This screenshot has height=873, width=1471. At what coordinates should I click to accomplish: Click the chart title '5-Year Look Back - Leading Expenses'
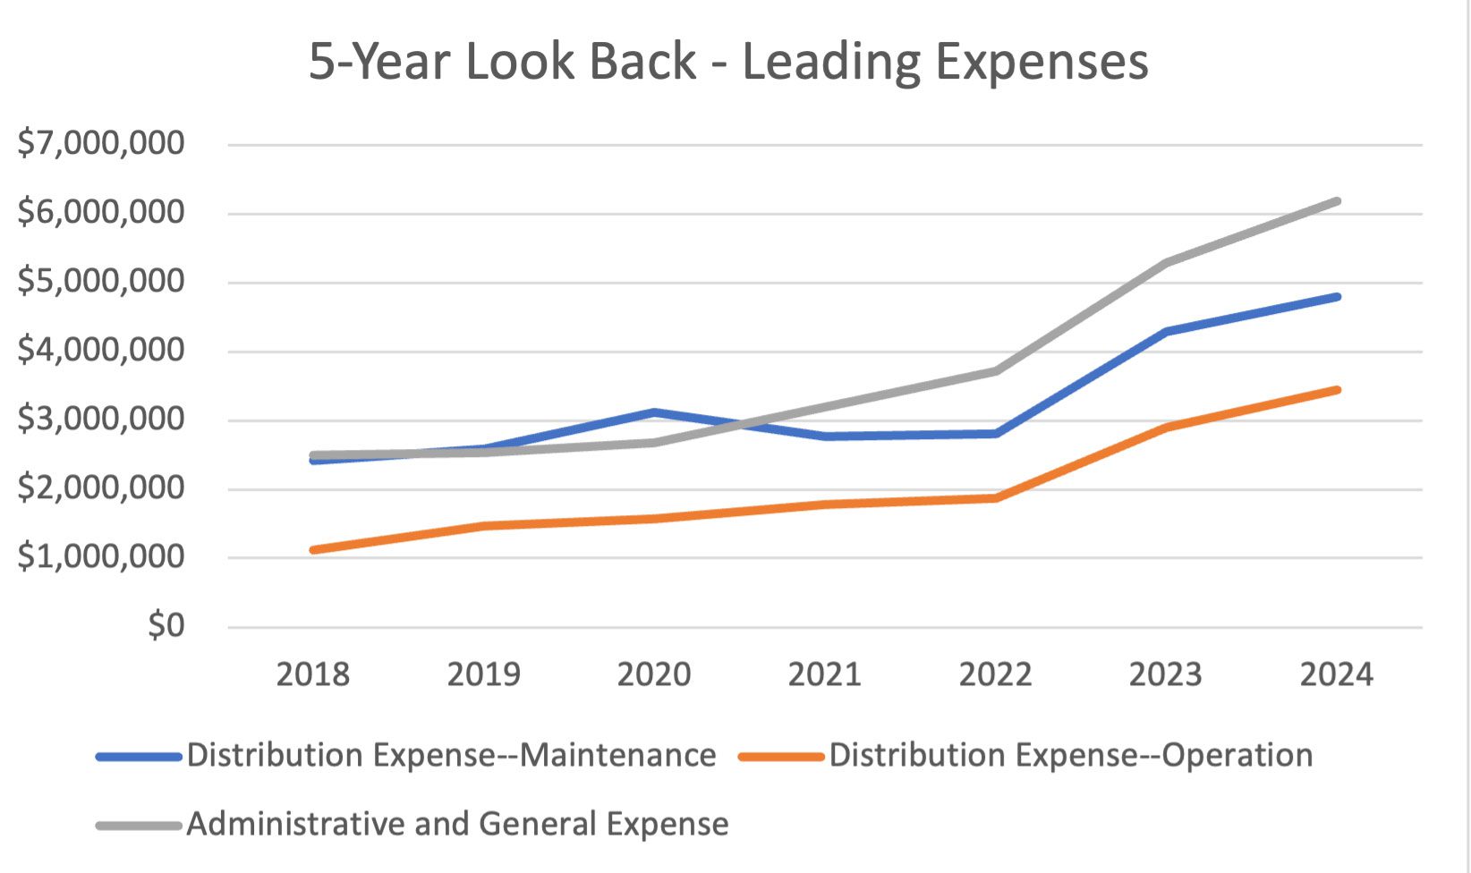coord(728,62)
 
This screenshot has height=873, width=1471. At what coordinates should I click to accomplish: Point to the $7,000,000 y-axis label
coord(101,143)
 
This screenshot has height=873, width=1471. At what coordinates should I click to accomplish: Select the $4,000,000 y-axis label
coord(101,350)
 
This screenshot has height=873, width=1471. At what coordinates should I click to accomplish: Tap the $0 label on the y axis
coord(166,625)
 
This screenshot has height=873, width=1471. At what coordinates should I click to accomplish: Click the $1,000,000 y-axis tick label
coord(101,556)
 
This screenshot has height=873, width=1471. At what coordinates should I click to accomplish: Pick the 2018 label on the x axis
coord(312,674)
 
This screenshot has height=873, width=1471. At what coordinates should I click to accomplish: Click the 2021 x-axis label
coord(824,674)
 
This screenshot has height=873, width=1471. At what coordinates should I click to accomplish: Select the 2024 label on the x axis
coord(1336,674)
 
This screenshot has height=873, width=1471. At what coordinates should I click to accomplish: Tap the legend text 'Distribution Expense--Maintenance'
coord(451,756)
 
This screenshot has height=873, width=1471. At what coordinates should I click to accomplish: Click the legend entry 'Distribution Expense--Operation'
coord(1070,756)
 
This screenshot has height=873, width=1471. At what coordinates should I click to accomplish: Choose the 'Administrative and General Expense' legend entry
coord(457,824)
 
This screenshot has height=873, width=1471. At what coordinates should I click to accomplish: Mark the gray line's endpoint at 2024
coord(1337,201)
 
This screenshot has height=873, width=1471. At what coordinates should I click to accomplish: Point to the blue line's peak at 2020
coord(654,412)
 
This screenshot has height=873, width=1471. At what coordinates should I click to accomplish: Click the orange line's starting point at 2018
coord(312,550)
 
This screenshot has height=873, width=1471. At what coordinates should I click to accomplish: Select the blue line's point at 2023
coord(1166,332)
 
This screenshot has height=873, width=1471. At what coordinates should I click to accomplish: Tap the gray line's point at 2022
coord(995,370)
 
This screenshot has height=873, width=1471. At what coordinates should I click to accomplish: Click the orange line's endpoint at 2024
coord(1337,390)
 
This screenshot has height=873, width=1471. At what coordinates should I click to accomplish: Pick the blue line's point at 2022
coord(995,434)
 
